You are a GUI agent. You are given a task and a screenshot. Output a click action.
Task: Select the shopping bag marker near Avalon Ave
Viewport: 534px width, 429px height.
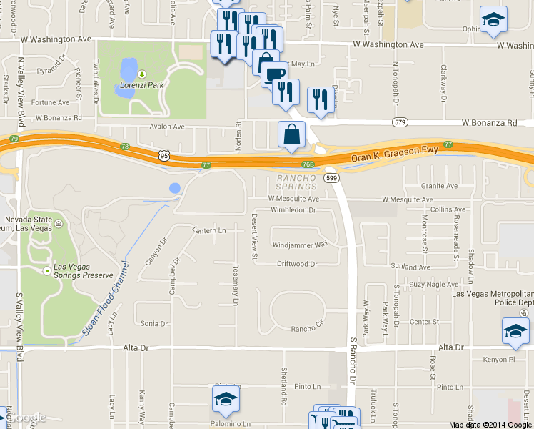pyautogui.click(x=291, y=135)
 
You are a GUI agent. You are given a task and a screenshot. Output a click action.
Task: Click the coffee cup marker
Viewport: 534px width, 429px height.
pyautogui.click(x=272, y=74)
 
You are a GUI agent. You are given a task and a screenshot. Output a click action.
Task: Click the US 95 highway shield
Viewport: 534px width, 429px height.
pyautogui.click(x=165, y=154)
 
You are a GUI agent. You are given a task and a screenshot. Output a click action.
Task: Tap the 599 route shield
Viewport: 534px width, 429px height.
pyautogui.click(x=331, y=177)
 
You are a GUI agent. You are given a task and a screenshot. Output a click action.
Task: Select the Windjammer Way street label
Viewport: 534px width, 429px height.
pyautogui.click(x=300, y=244)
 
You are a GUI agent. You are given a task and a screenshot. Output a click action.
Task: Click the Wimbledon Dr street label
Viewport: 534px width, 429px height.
pyautogui.click(x=293, y=210)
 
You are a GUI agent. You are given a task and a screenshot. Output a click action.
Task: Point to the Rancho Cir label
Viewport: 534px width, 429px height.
pyautogui.click(x=307, y=329)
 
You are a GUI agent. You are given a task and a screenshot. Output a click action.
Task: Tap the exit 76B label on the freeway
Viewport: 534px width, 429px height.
pyautogui.click(x=308, y=164)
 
